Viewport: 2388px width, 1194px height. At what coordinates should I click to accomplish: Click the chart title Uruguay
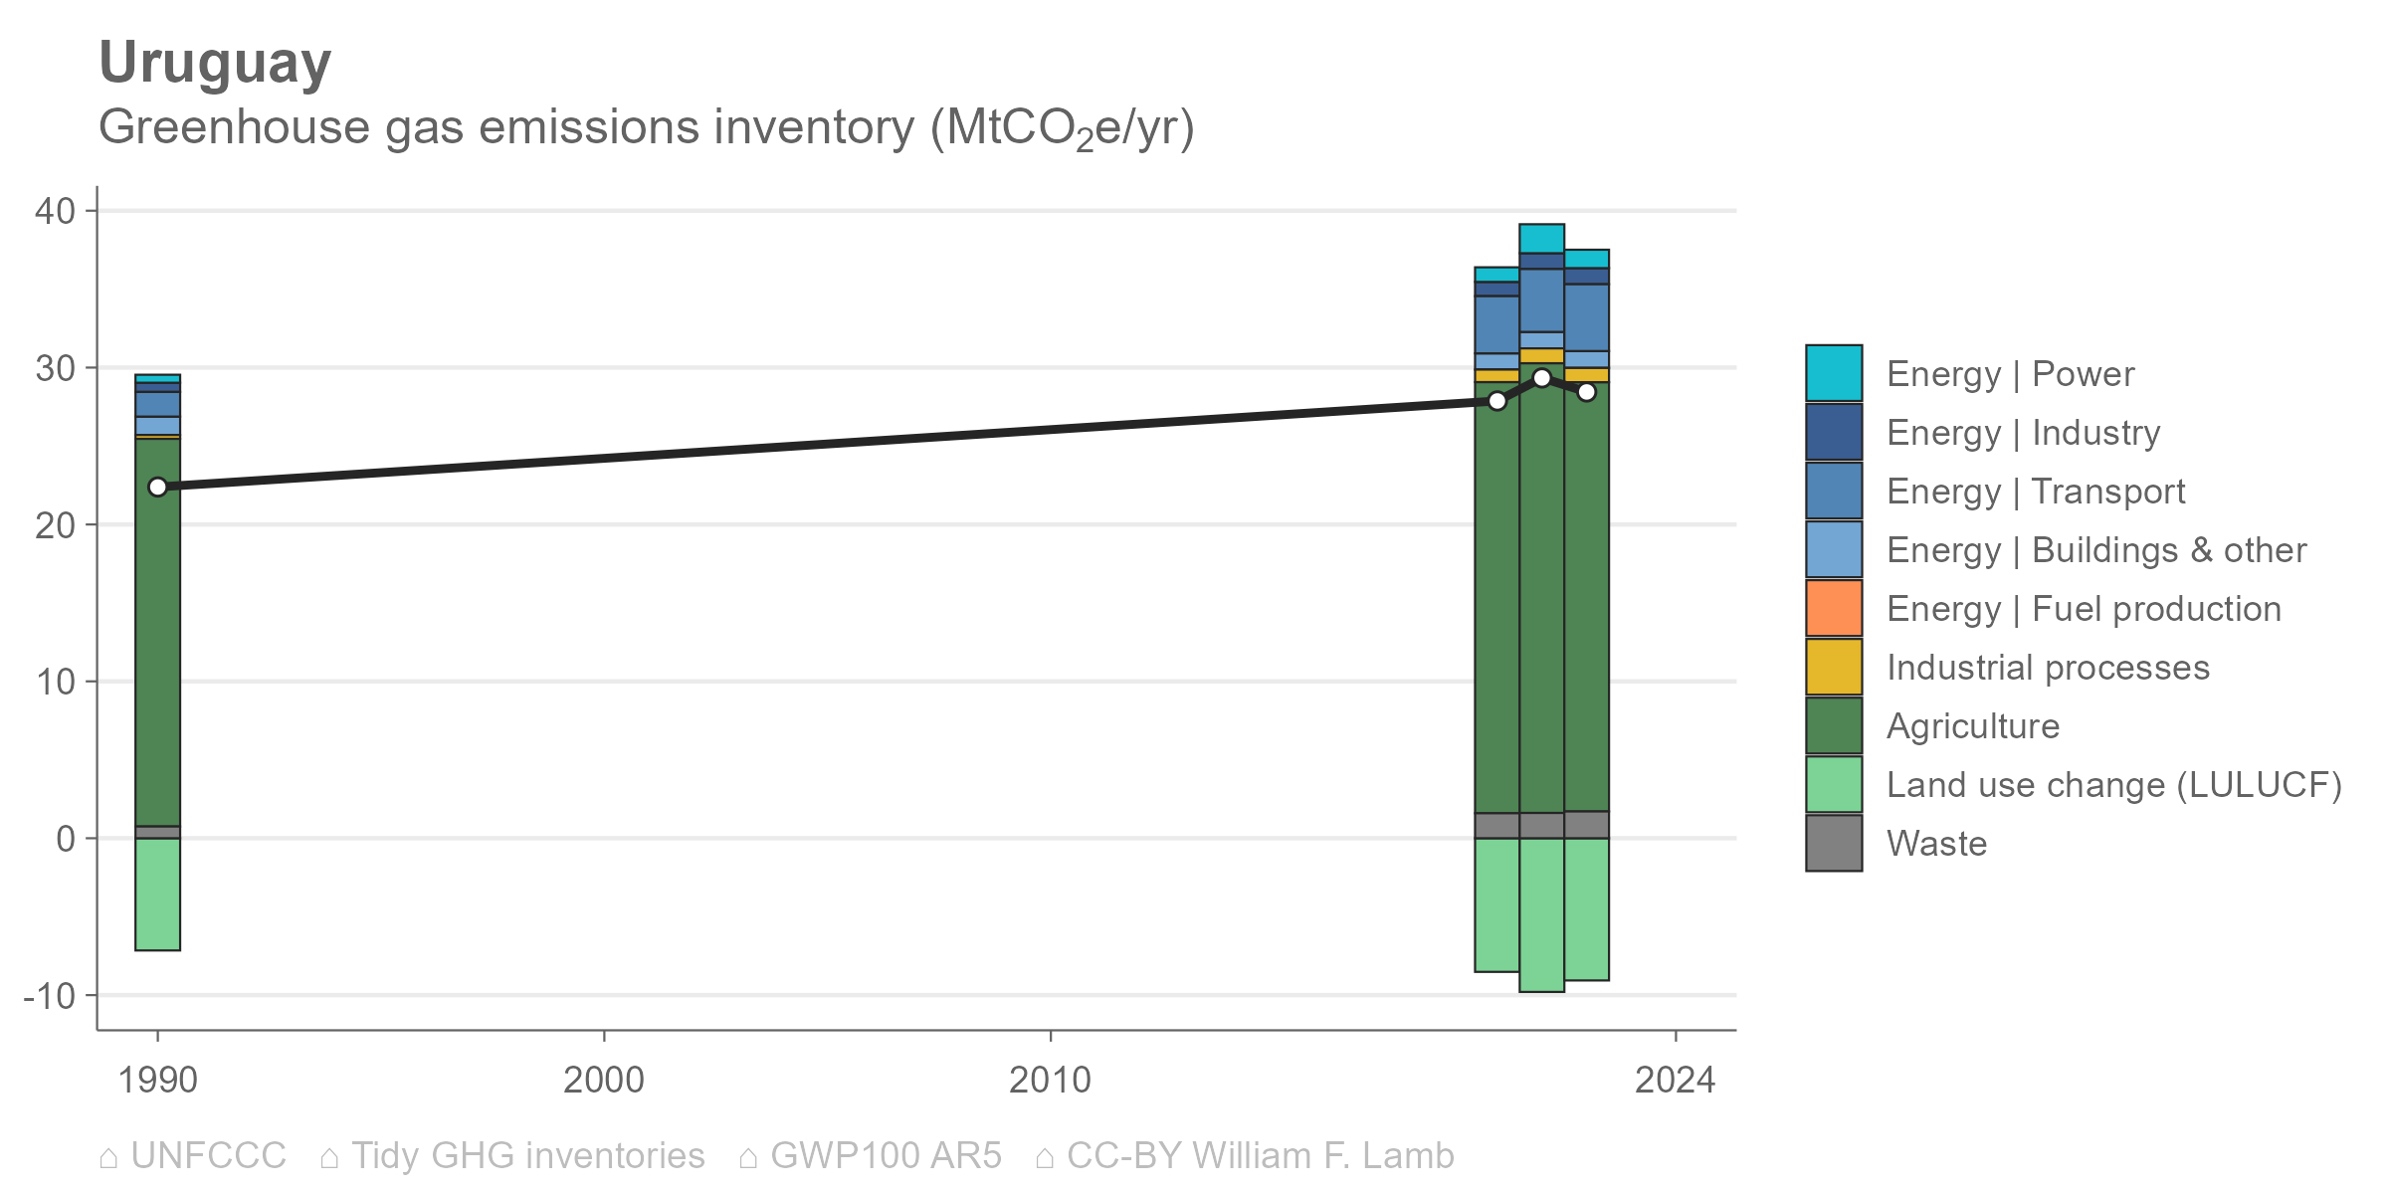click(215, 65)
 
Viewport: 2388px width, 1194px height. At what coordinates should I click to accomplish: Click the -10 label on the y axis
click(50, 995)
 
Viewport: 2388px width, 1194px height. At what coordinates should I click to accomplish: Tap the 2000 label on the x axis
click(604, 1080)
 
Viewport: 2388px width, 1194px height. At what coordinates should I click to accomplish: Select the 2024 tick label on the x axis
click(1676, 1080)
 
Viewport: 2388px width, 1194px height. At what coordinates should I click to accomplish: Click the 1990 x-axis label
click(157, 1080)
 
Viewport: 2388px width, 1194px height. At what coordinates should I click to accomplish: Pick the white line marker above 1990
click(157, 487)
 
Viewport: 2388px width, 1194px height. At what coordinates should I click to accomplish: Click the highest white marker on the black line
click(1541, 378)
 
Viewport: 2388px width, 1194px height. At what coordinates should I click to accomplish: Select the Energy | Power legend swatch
click(1834, 373)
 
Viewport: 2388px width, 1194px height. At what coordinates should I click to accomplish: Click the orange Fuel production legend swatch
click(1834, 608)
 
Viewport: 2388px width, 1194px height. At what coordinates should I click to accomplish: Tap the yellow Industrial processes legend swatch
click(1834, 667)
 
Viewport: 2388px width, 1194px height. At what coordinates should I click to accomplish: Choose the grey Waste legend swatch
click(1834, 843)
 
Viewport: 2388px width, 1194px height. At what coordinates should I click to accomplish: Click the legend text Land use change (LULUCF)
click(2114, 785)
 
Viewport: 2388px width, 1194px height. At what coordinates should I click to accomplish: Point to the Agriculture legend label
click(1973, 726)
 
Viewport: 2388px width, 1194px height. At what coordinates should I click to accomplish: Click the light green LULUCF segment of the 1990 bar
click(157, 895)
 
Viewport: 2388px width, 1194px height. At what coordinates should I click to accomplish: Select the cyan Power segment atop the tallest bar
click(1541, 239)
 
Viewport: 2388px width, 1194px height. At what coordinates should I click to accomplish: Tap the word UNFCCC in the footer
click(208, 1155)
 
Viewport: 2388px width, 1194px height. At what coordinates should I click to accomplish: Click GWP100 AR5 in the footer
click(886, 1155)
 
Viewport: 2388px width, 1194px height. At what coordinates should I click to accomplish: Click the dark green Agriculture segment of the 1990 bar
click(157, 632)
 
